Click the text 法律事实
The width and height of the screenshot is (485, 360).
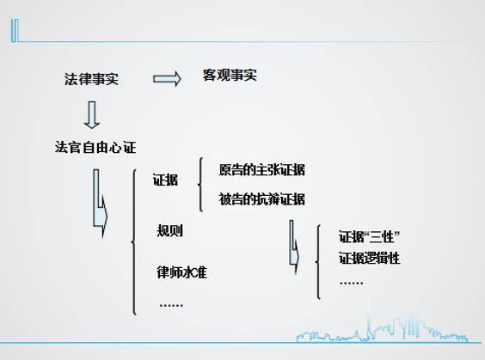[91, 79]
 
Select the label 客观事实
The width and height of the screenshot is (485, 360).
[230, 75]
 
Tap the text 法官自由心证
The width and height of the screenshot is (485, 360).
[95, 147]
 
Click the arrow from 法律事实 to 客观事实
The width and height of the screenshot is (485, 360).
[167, 79]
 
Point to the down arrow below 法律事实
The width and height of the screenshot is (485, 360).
[92, 114]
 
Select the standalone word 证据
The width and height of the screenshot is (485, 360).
[165, 180]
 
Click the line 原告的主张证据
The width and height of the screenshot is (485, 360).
[261, 169]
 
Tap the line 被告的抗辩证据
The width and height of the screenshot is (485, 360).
[261, 199]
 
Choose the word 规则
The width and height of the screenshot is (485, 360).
[169, 230]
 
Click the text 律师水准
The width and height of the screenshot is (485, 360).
[182, 272]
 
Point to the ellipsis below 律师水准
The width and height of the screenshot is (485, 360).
[171, 305]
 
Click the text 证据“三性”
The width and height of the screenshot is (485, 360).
[369, 237]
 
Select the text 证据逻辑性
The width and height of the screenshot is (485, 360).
[369, 258]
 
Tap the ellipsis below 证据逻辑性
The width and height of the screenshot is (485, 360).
[351, 283]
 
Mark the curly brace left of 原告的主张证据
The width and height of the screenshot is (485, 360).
[200, 185]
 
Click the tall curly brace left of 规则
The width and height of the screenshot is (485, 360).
[134, 242]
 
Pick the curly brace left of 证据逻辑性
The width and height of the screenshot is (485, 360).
[317, 262]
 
